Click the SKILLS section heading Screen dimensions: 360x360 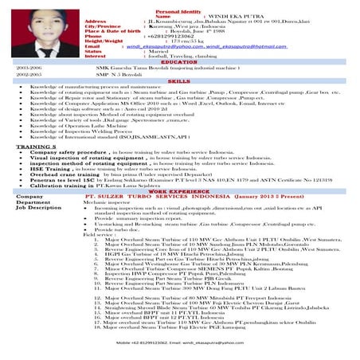click(179, 80)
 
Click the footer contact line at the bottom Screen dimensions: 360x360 click(179, 344)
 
